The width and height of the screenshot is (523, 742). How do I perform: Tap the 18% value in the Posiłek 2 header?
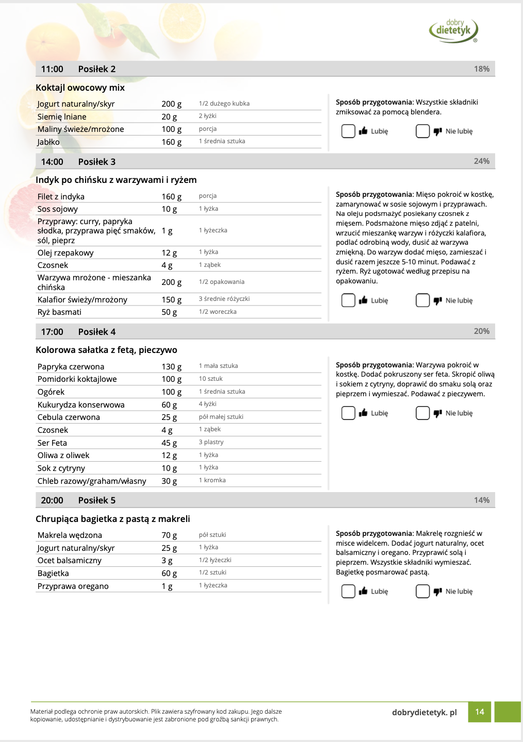482,69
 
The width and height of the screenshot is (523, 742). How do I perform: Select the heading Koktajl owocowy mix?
80,88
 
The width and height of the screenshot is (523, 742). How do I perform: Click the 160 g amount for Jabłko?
171,142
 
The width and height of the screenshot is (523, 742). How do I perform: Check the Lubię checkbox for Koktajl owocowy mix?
348,131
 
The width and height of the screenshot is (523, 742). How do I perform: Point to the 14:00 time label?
52,162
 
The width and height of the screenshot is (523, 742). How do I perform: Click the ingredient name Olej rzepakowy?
66,253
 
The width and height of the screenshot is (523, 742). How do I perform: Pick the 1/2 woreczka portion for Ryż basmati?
218,312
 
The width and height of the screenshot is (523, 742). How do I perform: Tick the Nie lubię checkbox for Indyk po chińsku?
422,300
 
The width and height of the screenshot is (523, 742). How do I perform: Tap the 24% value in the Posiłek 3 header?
482,161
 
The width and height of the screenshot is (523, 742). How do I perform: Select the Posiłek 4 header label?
97,332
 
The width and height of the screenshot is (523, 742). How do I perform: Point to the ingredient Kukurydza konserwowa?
81,405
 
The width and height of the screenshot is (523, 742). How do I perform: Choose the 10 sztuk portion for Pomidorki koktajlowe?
210,379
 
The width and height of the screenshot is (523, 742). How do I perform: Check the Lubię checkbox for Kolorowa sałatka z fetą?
348,413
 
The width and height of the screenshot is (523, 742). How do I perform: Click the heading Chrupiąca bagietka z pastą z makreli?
112,519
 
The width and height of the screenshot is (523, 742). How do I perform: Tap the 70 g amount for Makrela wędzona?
169,535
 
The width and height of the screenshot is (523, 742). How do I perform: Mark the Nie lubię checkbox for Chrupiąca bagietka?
422,592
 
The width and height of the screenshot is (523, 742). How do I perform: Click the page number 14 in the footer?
480,712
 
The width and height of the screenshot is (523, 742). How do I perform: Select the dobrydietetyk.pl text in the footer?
424,713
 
